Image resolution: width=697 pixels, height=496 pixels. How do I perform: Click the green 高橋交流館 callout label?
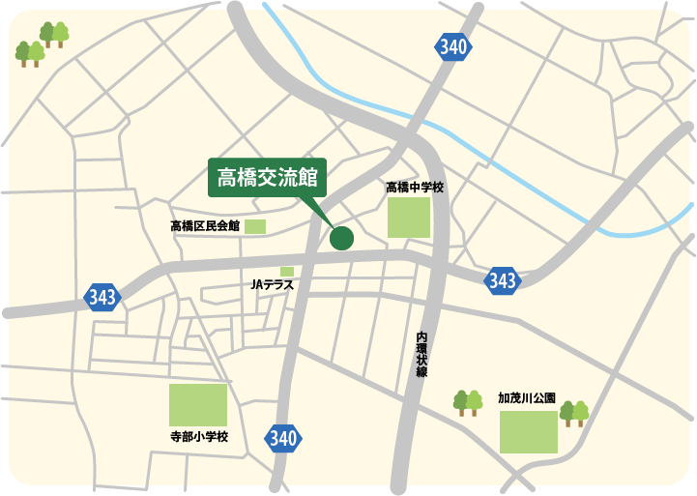(x=269, y=178)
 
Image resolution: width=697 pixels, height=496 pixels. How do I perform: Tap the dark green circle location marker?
(x=342, y=237)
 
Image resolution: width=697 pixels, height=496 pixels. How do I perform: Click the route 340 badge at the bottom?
(x=282, y=438)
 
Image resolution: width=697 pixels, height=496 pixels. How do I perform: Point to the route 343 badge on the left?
(x=102, y=296)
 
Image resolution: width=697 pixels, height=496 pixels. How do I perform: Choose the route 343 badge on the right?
(x=503, y=280)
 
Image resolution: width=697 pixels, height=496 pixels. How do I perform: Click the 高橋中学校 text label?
(x=414, y=188)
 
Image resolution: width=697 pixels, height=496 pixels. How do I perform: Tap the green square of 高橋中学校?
(x=409, y=218)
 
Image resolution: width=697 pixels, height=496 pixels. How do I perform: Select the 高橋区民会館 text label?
(x=204, y=226)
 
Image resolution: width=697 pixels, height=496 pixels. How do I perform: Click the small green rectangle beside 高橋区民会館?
(x=255, y=226)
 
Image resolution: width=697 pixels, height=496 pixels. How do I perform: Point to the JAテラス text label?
(x=271, y=285)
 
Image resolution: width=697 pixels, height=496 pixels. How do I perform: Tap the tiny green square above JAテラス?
(x=287, y=272)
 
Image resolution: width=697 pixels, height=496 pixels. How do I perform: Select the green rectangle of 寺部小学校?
(x=198, y=405)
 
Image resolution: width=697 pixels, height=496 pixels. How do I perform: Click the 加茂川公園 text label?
(x=527, y=397)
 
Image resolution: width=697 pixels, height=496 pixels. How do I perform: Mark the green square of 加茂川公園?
(x=529, y=432)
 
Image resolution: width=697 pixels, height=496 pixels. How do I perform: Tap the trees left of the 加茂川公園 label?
(x=468, y=402)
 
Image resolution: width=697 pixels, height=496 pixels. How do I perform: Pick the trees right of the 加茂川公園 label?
(x=574, y=413)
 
